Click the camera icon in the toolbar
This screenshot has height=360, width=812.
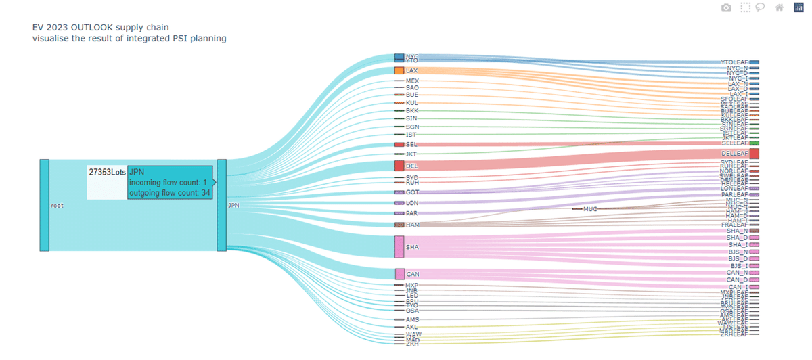726,7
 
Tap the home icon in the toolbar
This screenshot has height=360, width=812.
780,7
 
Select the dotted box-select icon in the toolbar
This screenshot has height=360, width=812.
745,7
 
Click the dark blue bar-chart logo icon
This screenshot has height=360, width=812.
798,7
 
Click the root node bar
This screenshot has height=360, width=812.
45,205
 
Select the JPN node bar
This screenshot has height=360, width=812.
221,205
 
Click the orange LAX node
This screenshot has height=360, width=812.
399,70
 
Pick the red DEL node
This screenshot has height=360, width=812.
399,166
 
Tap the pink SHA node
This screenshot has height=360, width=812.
399,247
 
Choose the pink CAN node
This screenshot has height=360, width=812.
399,274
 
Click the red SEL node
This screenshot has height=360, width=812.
399,144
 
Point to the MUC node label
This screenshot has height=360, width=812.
589,209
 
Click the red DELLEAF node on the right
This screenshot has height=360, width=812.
754,154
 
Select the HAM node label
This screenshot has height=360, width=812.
412,224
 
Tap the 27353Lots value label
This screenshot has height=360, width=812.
107,173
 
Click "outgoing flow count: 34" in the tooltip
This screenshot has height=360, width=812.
169,193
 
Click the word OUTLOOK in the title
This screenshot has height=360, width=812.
89,28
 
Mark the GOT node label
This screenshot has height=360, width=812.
412,192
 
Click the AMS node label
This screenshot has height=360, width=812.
412,319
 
